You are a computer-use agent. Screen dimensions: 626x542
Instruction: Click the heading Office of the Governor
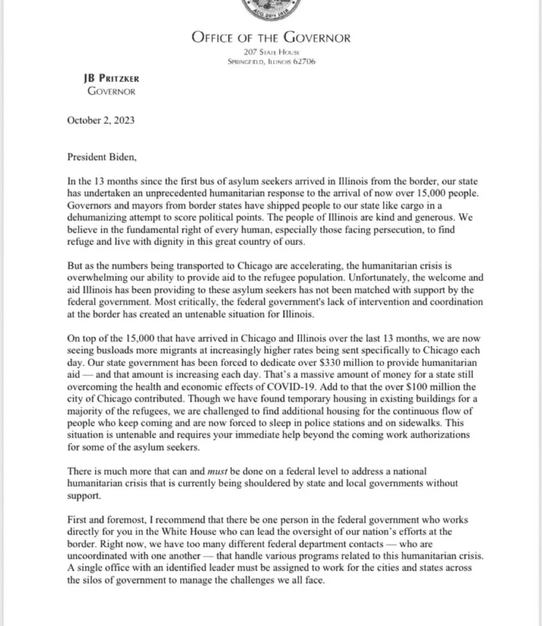270,37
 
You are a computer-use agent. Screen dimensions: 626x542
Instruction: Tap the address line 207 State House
271,52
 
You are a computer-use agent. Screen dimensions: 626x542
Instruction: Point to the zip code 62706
305,61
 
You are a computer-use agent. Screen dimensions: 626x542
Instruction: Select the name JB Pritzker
111,79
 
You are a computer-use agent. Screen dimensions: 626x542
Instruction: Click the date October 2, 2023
100,120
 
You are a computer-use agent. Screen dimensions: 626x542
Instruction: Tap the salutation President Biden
103,157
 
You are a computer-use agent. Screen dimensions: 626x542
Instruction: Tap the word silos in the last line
94,580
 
